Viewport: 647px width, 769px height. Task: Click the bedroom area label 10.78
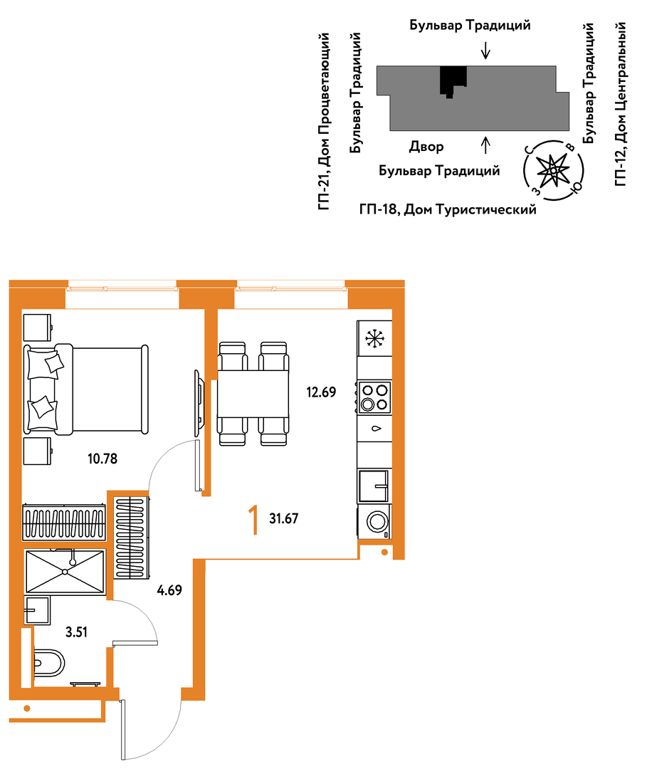coord(102,459)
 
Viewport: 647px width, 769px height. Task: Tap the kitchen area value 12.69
coord(321,392)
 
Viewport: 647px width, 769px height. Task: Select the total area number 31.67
coord(284,518)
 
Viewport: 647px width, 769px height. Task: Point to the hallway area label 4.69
coord(169,590)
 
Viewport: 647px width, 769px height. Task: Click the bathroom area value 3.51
coord(76,632)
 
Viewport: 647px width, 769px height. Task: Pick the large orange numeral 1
coord(253,520)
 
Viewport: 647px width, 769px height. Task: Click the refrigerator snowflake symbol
coord(374,338)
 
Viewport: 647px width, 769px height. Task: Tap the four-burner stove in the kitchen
coord(374,397)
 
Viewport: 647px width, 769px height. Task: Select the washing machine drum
coord(377,521)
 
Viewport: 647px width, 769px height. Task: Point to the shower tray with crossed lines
coord(65,571)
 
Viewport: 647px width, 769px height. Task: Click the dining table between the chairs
coord(253,394)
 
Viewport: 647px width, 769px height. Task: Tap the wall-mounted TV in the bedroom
coord(199,403)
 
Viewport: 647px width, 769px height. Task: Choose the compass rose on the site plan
coord(553,170)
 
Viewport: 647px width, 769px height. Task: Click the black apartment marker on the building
coord(453,81)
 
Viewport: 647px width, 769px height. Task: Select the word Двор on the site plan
coord(426,147)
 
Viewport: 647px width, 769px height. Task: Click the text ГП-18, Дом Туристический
coord(448,210)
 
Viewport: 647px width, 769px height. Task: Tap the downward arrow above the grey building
coord(485,51)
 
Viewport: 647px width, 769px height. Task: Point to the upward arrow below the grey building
coord(485,145)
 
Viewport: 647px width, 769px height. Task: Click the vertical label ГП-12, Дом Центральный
coord(620,104)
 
